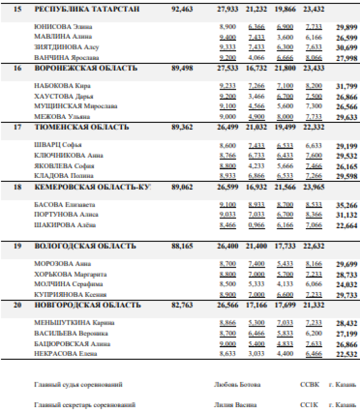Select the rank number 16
tap(17, 68)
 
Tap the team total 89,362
tap(182, 128)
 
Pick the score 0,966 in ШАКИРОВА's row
tap(257, 225)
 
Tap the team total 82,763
tap(182, 305)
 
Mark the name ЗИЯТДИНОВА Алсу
tap(67, 47)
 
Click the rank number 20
tap(17, 305)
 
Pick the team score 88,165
tap(182, 246)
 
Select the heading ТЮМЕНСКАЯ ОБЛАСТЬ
tap(82, 128)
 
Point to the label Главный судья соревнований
tap(78, 385)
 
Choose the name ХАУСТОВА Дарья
tap(63, 97)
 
